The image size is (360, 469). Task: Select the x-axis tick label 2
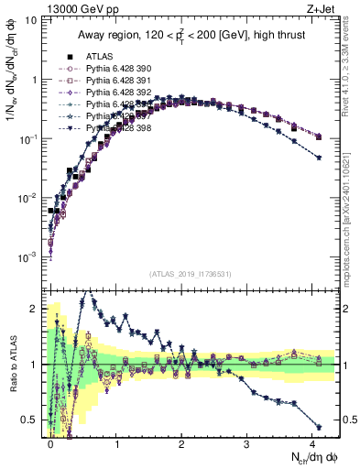point(181,442)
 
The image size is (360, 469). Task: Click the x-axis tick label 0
point(51,442)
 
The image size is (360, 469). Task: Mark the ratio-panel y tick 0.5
point(35,420)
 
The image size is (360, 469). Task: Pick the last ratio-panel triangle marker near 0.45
point(318,427)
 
